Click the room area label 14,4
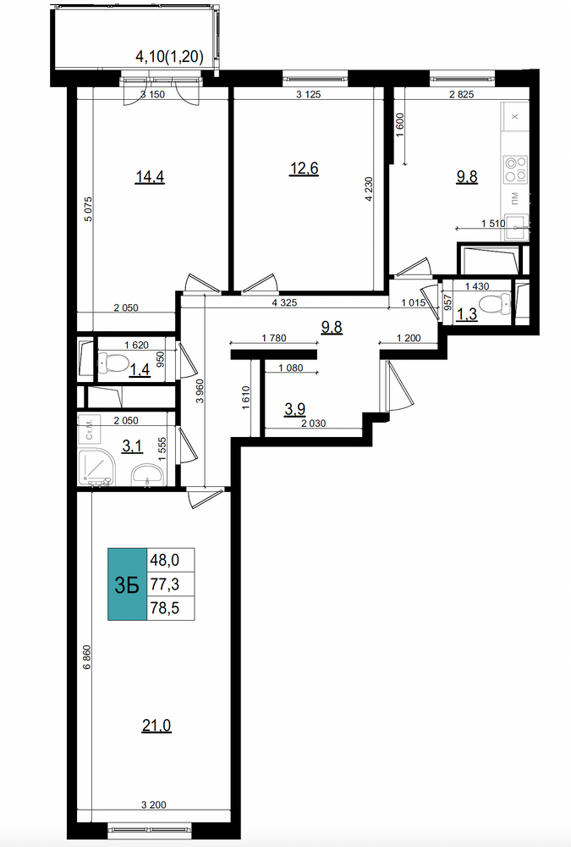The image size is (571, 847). tap(150, 177)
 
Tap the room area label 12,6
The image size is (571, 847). tap(305, 169)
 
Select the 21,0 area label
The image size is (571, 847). tap(156, 726)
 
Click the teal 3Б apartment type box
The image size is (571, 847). tap(128, 584)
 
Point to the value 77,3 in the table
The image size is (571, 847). tap(165, 584)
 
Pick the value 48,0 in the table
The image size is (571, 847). tap(165, 560)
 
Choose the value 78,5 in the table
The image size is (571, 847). tap(165, 608)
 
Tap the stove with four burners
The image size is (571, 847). tap(515, 168)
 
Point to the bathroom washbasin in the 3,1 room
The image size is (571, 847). tap(147, 473)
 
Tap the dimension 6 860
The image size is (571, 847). tap(86, 657)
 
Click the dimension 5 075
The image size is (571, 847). tap(89, 208)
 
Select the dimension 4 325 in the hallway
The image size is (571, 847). tap(284, 303)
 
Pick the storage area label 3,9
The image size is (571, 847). tap(294, 409)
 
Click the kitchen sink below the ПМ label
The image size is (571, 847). tap(517, 227)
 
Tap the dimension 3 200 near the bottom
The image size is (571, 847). tap(154, 805)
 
